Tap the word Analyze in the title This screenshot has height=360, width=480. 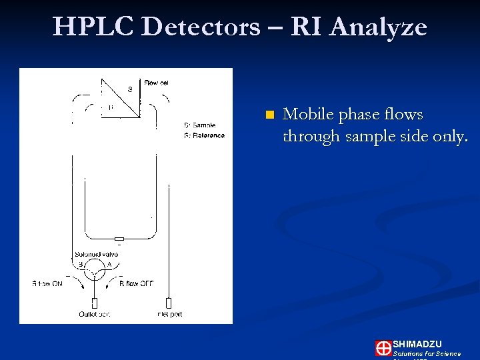(x=378, y=27)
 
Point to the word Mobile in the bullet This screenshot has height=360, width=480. (x=308, y=115)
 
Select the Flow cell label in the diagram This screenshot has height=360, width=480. (x=156, y=83)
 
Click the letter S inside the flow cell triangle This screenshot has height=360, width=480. (x=129, y=89)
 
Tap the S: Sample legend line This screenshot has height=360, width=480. (x=199, y=125)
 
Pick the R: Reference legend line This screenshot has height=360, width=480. (x=203, y=135)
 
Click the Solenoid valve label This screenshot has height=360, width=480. (x=97, y=253)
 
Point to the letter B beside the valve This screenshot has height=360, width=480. (x=81, y=265)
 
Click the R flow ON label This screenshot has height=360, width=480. (x=48, y=283)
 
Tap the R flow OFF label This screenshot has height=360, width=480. (x=137, y=283)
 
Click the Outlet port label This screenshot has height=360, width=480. (x=94, y=314)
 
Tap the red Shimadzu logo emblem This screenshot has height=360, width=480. (x=383, y=348)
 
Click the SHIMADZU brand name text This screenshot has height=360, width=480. (x=417, y=343)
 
